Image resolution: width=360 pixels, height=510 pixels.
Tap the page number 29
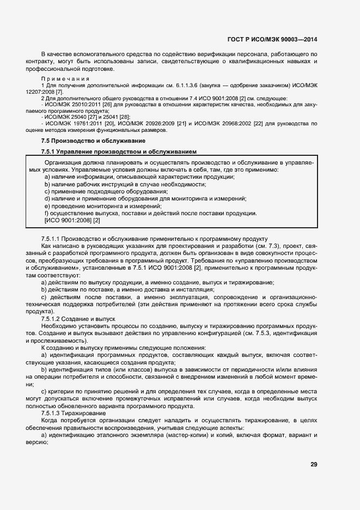click(x=314, y=465)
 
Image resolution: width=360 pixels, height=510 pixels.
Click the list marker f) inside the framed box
click(x=47, y=213)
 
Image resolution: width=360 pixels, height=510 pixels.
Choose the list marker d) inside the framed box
click(x=47, y=199)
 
